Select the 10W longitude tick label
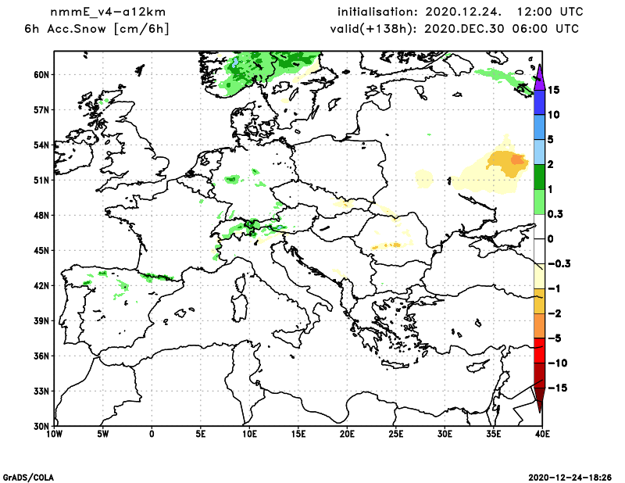(x=54, y=433)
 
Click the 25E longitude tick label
(x=395, y=433)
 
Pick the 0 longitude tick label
(x=152, y=433)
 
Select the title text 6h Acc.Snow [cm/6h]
(x=97, y=29)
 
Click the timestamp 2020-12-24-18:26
(x=570, y=476)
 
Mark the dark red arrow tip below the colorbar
(x=539, y=403)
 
